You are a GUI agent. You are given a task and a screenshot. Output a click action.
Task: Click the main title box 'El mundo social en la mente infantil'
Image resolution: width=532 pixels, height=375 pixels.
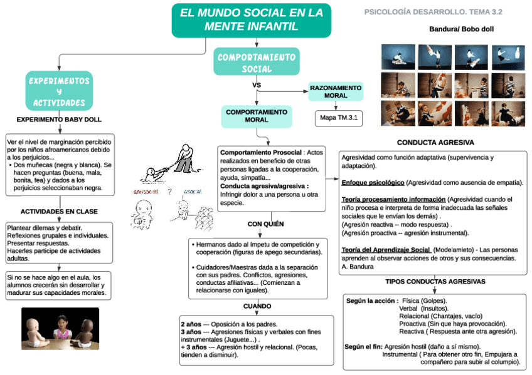(252, 19)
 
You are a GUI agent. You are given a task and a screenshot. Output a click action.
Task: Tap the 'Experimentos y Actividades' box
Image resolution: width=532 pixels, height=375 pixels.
(58, 91)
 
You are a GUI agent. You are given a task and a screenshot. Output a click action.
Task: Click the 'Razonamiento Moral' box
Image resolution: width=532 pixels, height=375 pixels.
(336, 91)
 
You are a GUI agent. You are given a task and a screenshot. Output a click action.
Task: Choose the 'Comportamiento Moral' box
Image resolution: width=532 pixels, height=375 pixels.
(256, 116)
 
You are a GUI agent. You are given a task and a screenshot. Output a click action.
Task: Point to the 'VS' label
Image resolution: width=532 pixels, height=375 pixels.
(256, 85)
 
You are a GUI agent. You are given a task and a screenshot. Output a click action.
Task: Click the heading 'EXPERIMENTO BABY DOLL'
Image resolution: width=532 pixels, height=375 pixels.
(59, 119)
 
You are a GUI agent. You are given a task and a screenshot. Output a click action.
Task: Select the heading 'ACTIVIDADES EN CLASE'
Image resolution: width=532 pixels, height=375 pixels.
(59, 212)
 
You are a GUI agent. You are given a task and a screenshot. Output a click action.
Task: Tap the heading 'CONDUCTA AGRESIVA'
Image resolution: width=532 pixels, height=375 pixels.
(435, 143)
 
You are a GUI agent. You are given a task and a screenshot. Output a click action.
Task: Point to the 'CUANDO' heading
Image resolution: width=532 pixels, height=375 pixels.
(257, 306)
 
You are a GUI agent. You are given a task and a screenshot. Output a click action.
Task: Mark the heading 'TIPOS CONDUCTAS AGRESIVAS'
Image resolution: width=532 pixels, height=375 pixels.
(435, 282)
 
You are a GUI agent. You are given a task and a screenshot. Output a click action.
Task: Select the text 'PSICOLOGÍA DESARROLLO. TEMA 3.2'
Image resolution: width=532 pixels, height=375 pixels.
(433, 12)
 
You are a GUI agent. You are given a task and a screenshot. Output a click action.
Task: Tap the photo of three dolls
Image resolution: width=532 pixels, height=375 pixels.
(60, 328)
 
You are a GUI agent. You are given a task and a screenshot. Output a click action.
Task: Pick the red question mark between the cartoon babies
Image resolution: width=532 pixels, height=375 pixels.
(169, 192)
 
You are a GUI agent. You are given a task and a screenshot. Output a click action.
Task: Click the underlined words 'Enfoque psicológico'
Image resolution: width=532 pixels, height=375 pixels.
(373, 182)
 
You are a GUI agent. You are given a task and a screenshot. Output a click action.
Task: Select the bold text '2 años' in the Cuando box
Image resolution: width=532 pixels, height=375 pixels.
(191, 324)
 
